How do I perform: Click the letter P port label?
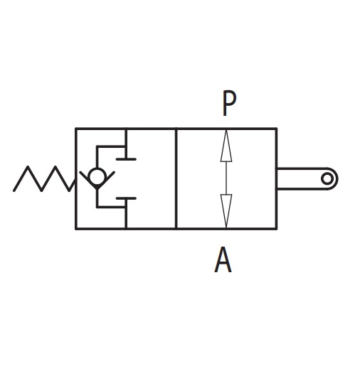pos(229,103)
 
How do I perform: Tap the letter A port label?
pos(223,259)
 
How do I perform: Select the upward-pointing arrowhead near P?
pos(226,146)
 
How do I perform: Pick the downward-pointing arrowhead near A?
pos(226,211)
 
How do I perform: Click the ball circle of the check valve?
pos(97,176)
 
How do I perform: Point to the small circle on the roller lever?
pos(327,178)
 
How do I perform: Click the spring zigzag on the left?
pos(44,178)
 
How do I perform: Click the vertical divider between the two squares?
pos(176,178)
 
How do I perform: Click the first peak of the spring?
pos(28,166)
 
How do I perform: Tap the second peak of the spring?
pos(55,166)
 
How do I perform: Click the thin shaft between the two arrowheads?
pos(226,178)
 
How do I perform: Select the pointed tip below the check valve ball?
pos(97,189)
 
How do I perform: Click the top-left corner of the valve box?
pos(76,129)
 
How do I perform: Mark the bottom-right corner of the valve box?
pos(276,229)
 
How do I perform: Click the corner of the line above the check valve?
pos(97,146)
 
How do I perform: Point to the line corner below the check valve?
pos(97,207)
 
